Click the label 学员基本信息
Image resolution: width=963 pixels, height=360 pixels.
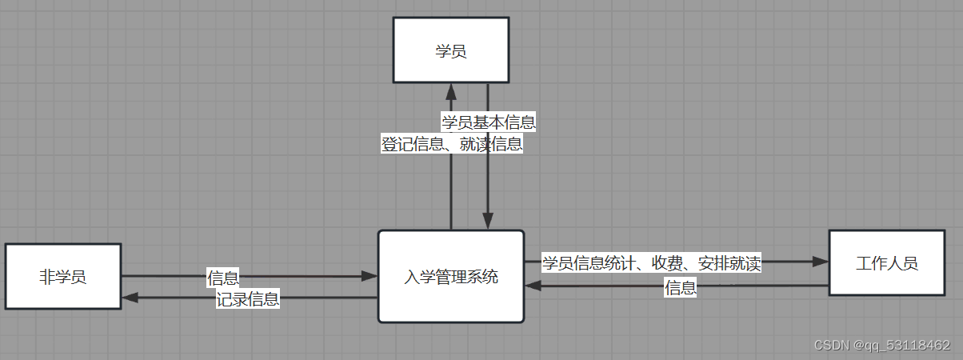[x=489, y=122]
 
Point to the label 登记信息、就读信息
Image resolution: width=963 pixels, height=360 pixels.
[x=452, y=145]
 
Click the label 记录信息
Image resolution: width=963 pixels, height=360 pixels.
[x=247, y=300]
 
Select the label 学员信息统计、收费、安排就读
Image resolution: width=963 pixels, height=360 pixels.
[x=651, y=263]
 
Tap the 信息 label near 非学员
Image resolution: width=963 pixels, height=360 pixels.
[x=222, y=278]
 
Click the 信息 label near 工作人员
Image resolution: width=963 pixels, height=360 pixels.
[x=680, y=288]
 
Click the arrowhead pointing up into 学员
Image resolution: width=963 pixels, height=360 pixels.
[x=451, y=89]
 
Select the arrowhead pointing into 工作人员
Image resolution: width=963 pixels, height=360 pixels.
[x=820, y=261]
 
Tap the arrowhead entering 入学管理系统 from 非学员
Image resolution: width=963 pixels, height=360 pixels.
[x=369, y=276]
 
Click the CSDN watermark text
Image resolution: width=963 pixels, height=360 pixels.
[x=881, y=345]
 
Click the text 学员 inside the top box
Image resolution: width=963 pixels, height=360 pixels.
[x=451, y=52]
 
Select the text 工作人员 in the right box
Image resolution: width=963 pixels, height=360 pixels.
[x=886, y=263]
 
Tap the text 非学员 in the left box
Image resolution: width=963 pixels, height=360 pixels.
[x=63, y=278]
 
